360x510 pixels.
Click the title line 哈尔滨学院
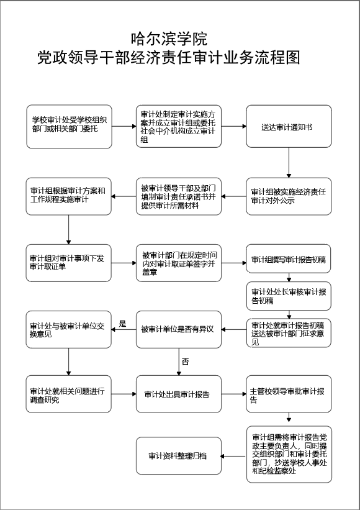(169, 39)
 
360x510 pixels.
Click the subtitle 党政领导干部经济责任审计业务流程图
(168, 58)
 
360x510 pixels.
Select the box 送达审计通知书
(289, 127)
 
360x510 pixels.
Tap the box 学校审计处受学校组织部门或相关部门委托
(69, 127)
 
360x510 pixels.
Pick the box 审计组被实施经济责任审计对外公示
(289, 196)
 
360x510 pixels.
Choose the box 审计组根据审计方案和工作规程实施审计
(68, 196)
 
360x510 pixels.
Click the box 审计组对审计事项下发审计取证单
(68, 263)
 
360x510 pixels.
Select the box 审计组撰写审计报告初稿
(289, 259)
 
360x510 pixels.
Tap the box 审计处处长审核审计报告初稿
(289, 296)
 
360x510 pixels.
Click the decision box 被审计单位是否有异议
(179, 329)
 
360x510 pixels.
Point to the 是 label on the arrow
(122, 324)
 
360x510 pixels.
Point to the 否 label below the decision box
(185, 362)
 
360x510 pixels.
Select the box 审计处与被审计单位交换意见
(68, 329)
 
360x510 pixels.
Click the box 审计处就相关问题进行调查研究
(68, 394)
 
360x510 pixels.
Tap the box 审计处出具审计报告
(179, 394)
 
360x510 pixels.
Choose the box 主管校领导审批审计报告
(289, 394)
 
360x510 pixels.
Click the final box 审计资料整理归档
(179, 456)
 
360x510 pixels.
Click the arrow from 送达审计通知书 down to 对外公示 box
(289, 163)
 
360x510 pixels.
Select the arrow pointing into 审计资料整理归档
(233, 456)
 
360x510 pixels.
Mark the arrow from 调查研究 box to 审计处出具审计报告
(124, 394)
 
